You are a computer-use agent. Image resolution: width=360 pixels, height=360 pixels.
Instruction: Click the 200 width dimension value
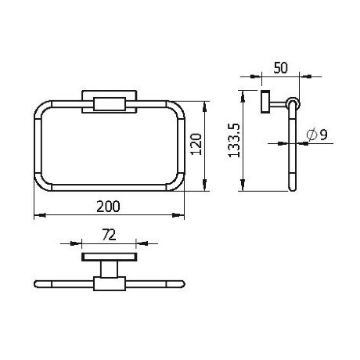pos(108,207)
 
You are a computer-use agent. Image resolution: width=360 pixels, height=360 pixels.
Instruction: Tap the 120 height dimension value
pos(196,144)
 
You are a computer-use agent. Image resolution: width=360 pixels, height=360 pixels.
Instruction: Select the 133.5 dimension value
pos(234,140)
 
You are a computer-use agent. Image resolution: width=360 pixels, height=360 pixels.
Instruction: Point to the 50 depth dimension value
pos(281,67)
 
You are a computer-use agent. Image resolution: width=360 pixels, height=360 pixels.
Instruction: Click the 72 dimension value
pos(109,236)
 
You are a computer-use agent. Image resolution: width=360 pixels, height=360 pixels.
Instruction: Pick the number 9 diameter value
pos(323,135)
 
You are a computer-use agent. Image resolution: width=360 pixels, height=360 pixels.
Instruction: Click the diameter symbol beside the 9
pos(312,135)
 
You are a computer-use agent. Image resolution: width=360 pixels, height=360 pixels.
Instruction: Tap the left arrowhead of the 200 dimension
pos(40,215)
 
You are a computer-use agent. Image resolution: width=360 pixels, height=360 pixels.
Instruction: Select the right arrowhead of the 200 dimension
pos(178,215)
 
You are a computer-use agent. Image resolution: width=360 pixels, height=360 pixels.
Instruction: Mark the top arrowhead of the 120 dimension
pos(205,107)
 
